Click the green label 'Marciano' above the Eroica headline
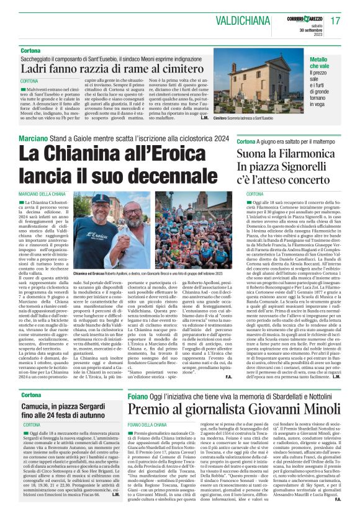click(35, 138)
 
